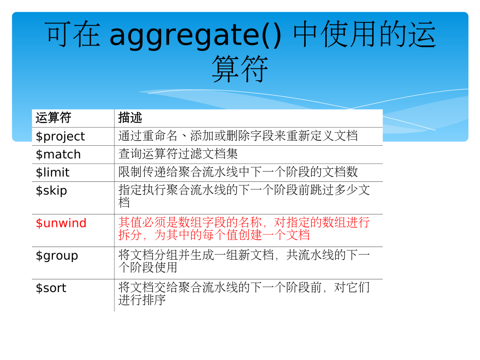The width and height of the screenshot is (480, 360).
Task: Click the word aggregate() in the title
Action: pyautogui.click(x=195, y=35)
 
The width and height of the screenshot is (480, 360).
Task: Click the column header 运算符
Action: pyautogui.click(x=53, y=118)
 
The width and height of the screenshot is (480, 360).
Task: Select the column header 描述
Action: pyautogui.click(x=130, y=118)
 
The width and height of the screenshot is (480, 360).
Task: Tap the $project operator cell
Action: pyautogui.click(x=60, y=136)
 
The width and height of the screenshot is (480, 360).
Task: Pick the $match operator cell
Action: pyautogui.click(x=58, y=154)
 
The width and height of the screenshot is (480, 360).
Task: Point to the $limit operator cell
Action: pyautogui.click(x=52, y=172)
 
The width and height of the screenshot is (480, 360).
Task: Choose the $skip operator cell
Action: pyautogui.click(x=51, y=191)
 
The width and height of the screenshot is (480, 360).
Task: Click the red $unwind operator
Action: pyautogui.click(x=61, y=223)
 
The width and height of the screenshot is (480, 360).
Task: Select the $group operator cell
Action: pyautogui.click(x=57, y=256)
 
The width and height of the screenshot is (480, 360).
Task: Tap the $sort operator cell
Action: pyautogui.click(x=51, y=288)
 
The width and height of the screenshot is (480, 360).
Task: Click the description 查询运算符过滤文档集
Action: pyautogui.click(x=178, y=154)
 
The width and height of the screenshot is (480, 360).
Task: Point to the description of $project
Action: pyautogui.click(x=238, y=136)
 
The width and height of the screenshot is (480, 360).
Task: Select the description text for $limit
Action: pyautogui.click(x=238, y=172)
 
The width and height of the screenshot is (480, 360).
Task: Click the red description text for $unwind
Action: pyautogui.click(x=244, y=229)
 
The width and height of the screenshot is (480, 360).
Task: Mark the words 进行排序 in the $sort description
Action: pyautogui.click(x=142, y=300)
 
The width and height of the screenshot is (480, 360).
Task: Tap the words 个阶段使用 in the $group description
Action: pyautogui.click(x=148, y=268)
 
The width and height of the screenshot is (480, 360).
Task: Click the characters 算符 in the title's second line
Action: pyautogui.click(x=240, y=69)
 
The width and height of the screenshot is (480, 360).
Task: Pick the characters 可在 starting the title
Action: pyautogui.click(x=73, y=34)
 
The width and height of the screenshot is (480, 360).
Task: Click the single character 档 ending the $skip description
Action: pyautogui.click(x=124, y=202)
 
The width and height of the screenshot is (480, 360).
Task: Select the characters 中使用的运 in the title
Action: pyautogui.click(x=364, y=34)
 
